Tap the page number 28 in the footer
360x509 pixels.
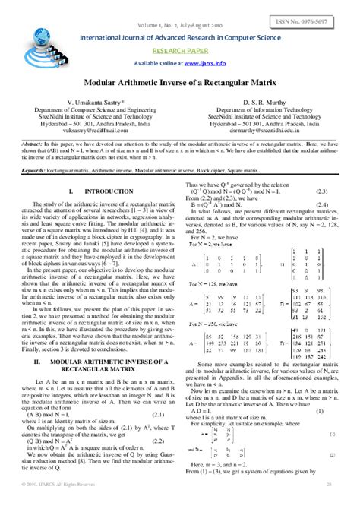(x=329, y=504)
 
